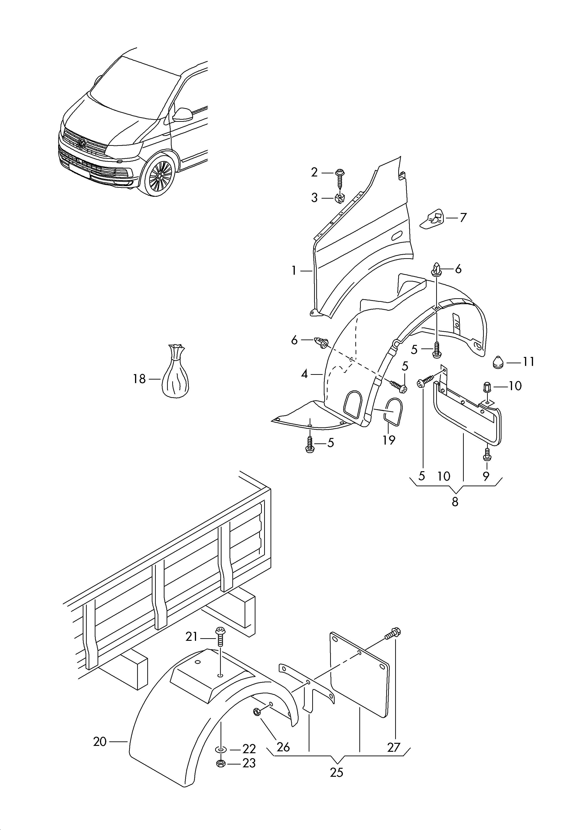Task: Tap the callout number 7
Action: coord(463,218)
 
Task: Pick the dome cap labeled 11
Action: coord(499,362)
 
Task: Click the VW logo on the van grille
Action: coord(82,144)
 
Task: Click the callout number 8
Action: coord(455,502)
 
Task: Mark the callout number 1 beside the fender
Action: coord(294,270)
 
